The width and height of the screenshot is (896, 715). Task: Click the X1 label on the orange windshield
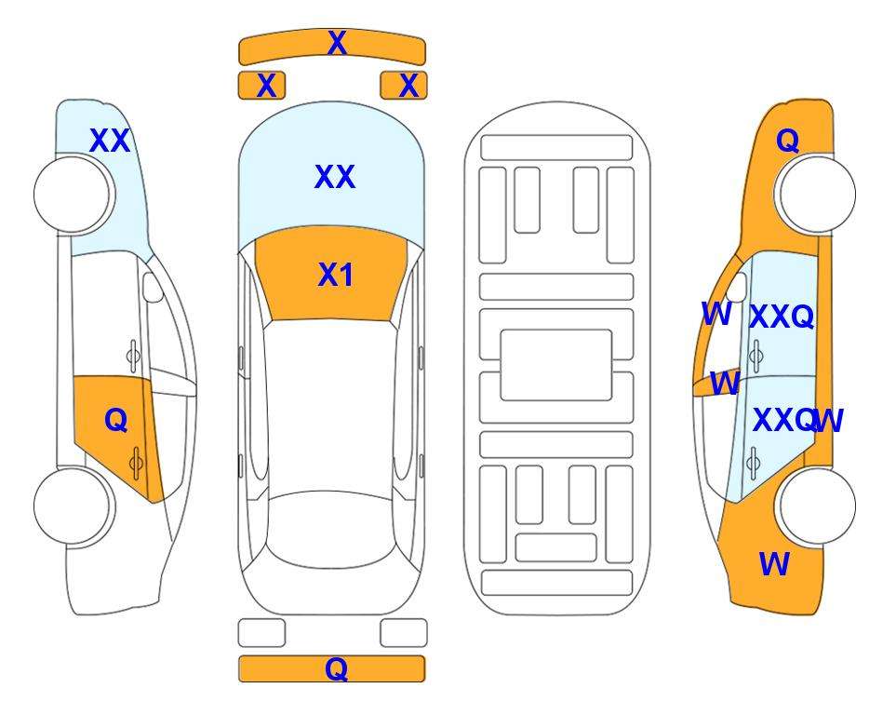(x=336, y=276)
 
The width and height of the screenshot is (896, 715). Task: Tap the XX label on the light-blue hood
(x=335, y=177)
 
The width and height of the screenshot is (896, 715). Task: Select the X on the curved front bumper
(x=337, y=43)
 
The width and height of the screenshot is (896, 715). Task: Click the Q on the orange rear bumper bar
(x=337, y=668)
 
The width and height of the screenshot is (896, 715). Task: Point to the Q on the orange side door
(x=116, y=421)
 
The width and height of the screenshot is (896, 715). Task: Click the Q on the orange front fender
(x=787, y=141)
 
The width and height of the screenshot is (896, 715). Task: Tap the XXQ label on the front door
(x=782, y=317)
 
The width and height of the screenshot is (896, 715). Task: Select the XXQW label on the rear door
(x=798, y=421)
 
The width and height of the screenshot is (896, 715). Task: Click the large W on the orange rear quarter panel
(x=774, y=564)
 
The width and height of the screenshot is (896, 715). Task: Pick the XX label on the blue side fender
(x=110, y=141)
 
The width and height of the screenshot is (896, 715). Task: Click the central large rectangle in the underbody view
(x=556, y=365)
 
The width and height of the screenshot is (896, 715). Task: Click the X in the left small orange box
(x=266, y=86)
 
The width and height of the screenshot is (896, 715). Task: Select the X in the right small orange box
(x=408, y=86)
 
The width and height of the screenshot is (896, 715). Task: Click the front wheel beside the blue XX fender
(x=74, y=195)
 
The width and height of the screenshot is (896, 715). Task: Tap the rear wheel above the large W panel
(x=817, y=506)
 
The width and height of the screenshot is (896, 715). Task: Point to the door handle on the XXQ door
(x=756, y=356)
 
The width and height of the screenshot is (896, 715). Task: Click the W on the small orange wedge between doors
(x=725, y=384)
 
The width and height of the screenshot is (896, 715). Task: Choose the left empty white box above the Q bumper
(x=261, y=633)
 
